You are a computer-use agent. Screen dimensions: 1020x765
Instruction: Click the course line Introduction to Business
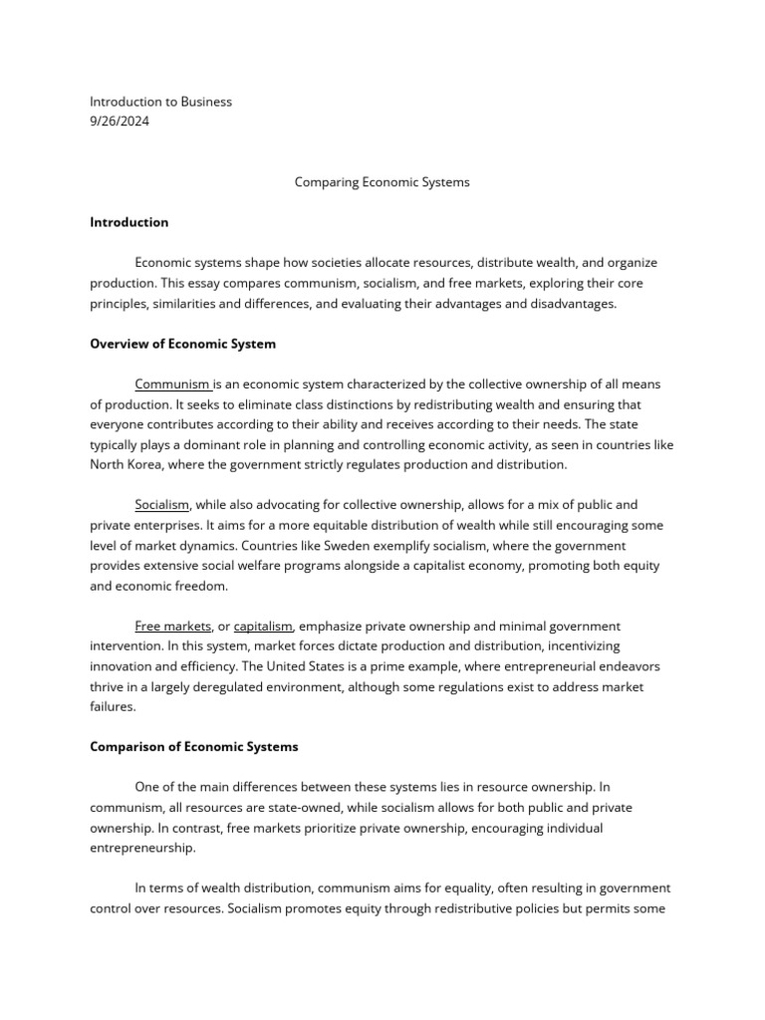point(160,102)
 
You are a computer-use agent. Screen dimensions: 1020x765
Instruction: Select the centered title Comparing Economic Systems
point(382,182)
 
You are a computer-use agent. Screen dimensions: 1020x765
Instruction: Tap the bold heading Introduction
point(128,222)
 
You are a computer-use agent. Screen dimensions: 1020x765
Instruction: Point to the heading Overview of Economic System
point(182,344)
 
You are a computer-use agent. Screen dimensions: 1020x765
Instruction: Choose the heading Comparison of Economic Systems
point(193,746)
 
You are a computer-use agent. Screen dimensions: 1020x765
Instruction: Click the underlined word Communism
point(172,383)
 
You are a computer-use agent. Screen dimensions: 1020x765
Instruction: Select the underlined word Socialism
point(161,505)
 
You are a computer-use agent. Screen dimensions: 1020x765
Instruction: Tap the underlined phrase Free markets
point(172,626)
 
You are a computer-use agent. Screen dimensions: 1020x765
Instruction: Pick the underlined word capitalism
point(263,626)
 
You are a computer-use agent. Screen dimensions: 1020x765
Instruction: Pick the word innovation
point(126,666)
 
